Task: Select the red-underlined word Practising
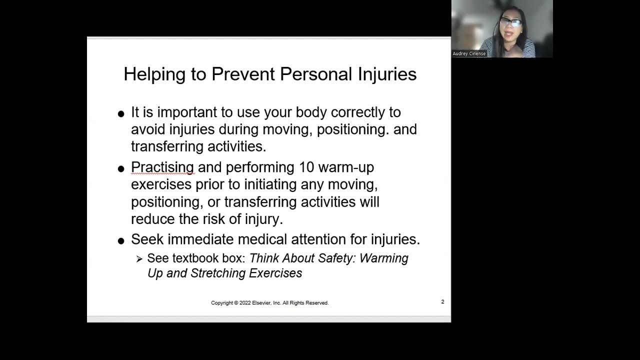click(162, 167)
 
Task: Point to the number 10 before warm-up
click(306, 167)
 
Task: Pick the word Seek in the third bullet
click(147, 239)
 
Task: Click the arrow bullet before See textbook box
click(139, 259)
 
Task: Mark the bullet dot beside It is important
click(121, 114)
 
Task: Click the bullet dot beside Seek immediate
click(121, 241)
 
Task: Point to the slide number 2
click(442, 302)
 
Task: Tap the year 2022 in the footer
click(245, 303)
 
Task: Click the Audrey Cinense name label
click(469, 53)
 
